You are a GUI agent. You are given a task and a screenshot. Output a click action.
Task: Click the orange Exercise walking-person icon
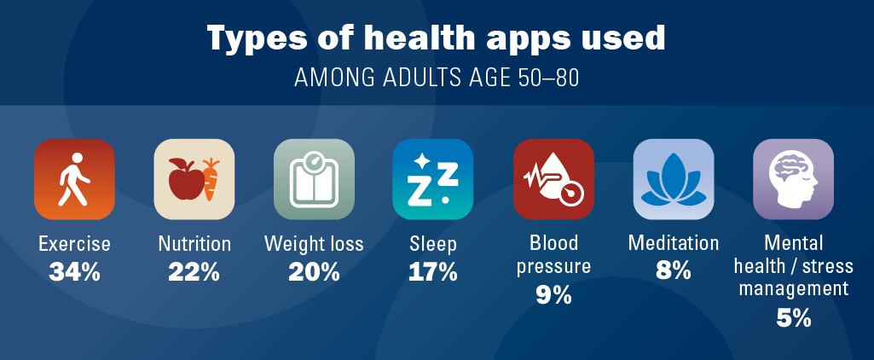click(x=74, y=179)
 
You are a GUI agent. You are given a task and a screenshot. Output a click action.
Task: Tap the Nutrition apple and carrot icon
click(x=194, y=179)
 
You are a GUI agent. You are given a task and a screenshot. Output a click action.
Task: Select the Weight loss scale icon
click(x=314, y=179)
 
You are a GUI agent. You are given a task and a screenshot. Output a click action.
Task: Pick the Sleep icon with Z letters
click(x=432, y=179)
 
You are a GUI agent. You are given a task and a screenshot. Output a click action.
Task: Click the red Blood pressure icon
click(x=553, y=179)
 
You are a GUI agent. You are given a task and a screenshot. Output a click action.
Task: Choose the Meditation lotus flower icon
click(x=674, y=179)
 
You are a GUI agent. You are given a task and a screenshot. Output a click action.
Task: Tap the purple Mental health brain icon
click(x=793, y=179)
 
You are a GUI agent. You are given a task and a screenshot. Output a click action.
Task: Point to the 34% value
click(x=74, y=271)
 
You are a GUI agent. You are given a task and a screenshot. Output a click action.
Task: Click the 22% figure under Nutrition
click(x=194, y=271)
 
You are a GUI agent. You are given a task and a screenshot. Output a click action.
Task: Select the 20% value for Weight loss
click(x=314, y=271)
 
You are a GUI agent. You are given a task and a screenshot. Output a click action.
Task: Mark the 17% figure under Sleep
click(x=433, y=271)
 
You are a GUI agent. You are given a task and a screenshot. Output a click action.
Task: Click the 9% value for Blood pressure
click(x=553, y=295)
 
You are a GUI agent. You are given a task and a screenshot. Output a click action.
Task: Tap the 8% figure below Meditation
click(x=674, y=271)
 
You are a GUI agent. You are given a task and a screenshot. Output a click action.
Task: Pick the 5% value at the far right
click(x=793, y=318)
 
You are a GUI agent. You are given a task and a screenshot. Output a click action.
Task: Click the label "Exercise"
click(x=74, y=244)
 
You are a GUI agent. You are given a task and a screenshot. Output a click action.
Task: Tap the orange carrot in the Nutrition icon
click(x=210, y=179)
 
